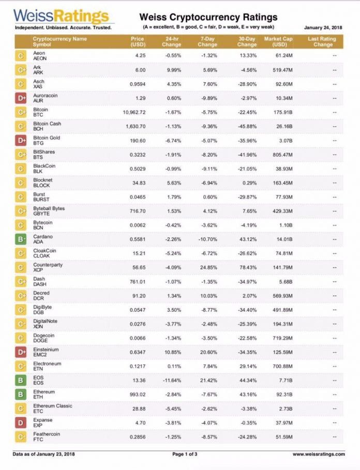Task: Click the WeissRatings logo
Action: click(x=62, y=17)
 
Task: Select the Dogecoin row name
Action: click(x=43, y=338)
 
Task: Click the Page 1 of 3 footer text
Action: click(x=185, y=454)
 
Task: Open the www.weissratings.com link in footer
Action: click(x=318, y=454)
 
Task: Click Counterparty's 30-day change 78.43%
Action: click(x=247, y=267)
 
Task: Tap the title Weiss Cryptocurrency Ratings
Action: click(x=208, y=18)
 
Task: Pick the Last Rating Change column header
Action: click(x=321, y=41)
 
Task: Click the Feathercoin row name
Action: click(x=46, y=437)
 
